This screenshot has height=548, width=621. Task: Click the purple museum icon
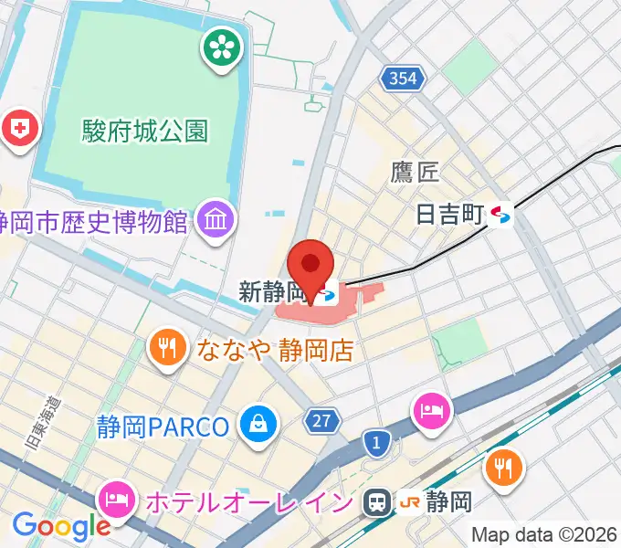217,220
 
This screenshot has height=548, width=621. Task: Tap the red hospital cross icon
18,127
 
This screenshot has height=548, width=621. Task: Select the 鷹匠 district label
416,171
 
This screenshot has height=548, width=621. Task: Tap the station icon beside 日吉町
500,216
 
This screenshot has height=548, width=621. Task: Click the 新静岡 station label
270,292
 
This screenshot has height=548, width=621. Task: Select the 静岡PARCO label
163,426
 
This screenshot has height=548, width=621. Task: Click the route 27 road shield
322,420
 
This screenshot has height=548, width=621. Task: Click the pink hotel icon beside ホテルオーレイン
118,499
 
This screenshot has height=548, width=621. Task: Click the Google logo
61,527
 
